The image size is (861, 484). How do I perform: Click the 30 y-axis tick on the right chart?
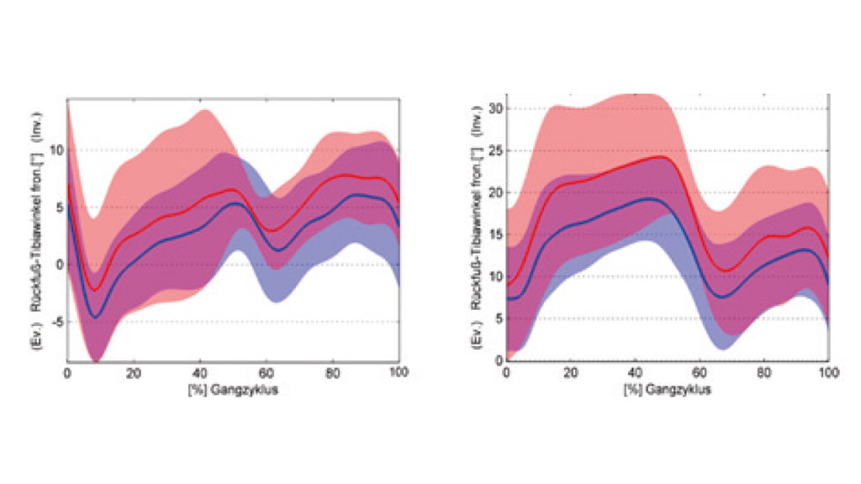pos(494,109)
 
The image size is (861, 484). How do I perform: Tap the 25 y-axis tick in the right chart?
pos(494,151)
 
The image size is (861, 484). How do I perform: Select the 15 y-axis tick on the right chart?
pos(494,234)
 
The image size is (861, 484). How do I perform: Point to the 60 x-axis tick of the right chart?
pos(699,372)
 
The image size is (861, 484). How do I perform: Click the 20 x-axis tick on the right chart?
pos(570,372)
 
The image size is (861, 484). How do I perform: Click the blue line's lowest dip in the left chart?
pos(97,317)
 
